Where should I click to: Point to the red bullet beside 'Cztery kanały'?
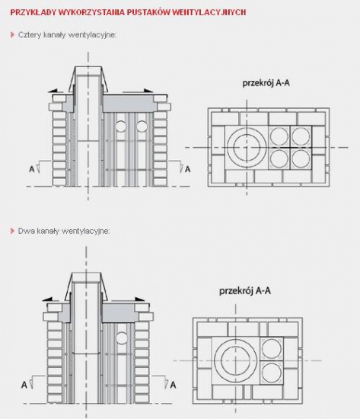pos(12,35)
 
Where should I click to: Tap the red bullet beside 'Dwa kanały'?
pos(12,231)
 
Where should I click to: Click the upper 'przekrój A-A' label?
pos(266,83)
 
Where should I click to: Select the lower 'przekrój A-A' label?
pos(245,291)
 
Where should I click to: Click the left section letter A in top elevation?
pos(32,169)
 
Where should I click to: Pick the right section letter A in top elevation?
pos(187,169)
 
